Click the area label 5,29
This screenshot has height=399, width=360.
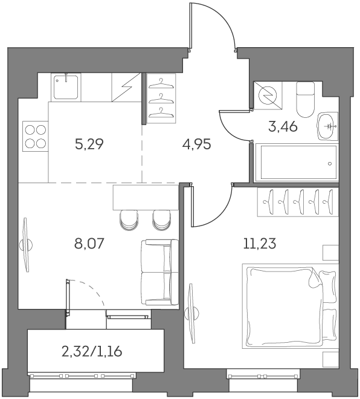[x=88, y=146]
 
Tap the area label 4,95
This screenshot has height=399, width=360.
[x=197, y=146]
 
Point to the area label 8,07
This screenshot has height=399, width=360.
[x=88, y=245]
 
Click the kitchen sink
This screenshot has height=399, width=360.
[x=65, y=88]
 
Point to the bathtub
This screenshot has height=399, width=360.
[x=296, y=163]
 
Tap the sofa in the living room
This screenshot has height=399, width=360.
[x=159, y=272]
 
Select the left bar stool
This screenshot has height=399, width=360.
[x=128, y=220]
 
